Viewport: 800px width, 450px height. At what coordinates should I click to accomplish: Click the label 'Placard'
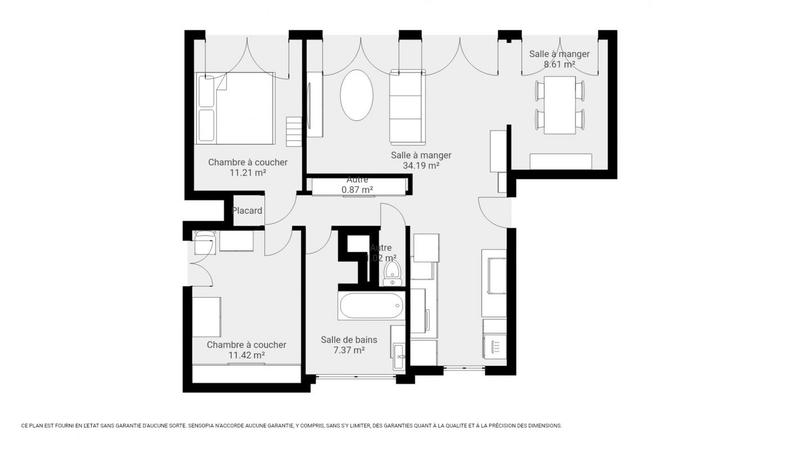[247, 211]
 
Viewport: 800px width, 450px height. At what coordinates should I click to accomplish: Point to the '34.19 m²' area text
[421, 166]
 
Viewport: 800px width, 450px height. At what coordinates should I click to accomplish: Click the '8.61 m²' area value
[559, 64]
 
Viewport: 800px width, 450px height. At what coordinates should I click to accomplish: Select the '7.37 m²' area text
[348, 351]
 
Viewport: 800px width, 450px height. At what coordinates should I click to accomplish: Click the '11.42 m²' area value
[246, 355]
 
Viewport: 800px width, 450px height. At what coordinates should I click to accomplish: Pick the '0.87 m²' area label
[357, 189]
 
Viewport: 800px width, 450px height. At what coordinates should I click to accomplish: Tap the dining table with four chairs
[559, 105]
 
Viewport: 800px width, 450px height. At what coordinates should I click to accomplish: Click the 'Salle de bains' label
[348, 340]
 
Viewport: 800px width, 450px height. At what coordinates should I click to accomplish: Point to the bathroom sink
[398, 351]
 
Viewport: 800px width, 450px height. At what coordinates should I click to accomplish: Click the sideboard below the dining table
[563, 162]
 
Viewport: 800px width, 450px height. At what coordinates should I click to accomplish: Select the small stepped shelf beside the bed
[292, 130]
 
